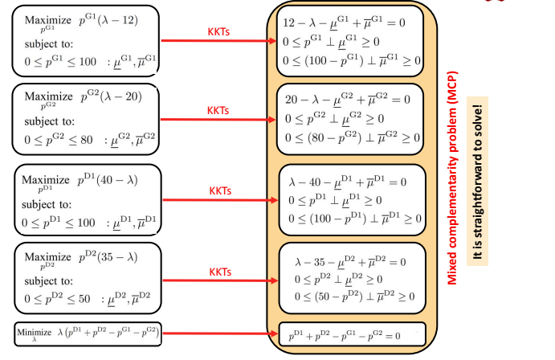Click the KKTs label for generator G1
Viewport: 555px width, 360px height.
pyautogui.click(x=218, y=32)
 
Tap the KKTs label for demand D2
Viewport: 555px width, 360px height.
pyautogui.click(x=220, y=272)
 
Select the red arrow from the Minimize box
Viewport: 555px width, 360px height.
pyautogui.click(x=220, y=333)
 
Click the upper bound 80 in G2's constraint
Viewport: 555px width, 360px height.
pyautogui.click(x=86, y=140)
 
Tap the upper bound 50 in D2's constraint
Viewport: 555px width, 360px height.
pyautogui.click(x=84, y=299)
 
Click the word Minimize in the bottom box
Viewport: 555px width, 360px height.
pyautogui.click(x=34, y=333)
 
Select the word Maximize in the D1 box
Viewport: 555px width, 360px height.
pyautogui.click(x=45, y=180)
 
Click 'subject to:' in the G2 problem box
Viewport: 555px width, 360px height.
pyautogui.click(x=49, y=121)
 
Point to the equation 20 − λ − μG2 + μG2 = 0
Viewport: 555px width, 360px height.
pyautogui.click(x=347, y=100)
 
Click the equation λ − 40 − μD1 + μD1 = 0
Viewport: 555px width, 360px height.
pyautogui.click(x=347, y=182)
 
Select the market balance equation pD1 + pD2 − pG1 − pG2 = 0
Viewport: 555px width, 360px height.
pyautogui.click(x=345, y=335)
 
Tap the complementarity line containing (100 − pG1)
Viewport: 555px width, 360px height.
pyautogui.click(x=352, y=61)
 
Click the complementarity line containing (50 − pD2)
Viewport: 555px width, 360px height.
pyautogui.click(x=354, y=296)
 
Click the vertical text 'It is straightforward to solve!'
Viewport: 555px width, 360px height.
pyautogui.click(x=477, y=182)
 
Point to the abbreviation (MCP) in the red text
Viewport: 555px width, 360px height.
pyautogui.click(x=452, y=87)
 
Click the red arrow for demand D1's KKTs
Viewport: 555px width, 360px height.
pyautogui.click(x=220, y=200)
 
